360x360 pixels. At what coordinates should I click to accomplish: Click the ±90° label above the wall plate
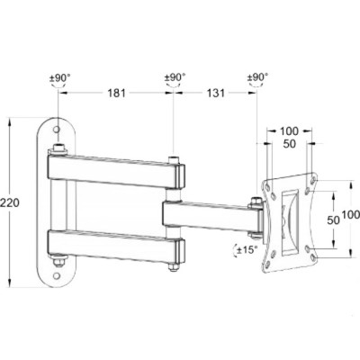pos(60,78)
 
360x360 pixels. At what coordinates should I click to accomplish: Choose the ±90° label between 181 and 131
pos(174,78)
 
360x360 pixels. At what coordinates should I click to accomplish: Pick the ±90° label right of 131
pos(257,78)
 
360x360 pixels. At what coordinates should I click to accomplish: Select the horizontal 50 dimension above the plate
pos(289,145)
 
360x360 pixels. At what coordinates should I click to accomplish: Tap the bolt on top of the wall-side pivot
pos(58,147)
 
